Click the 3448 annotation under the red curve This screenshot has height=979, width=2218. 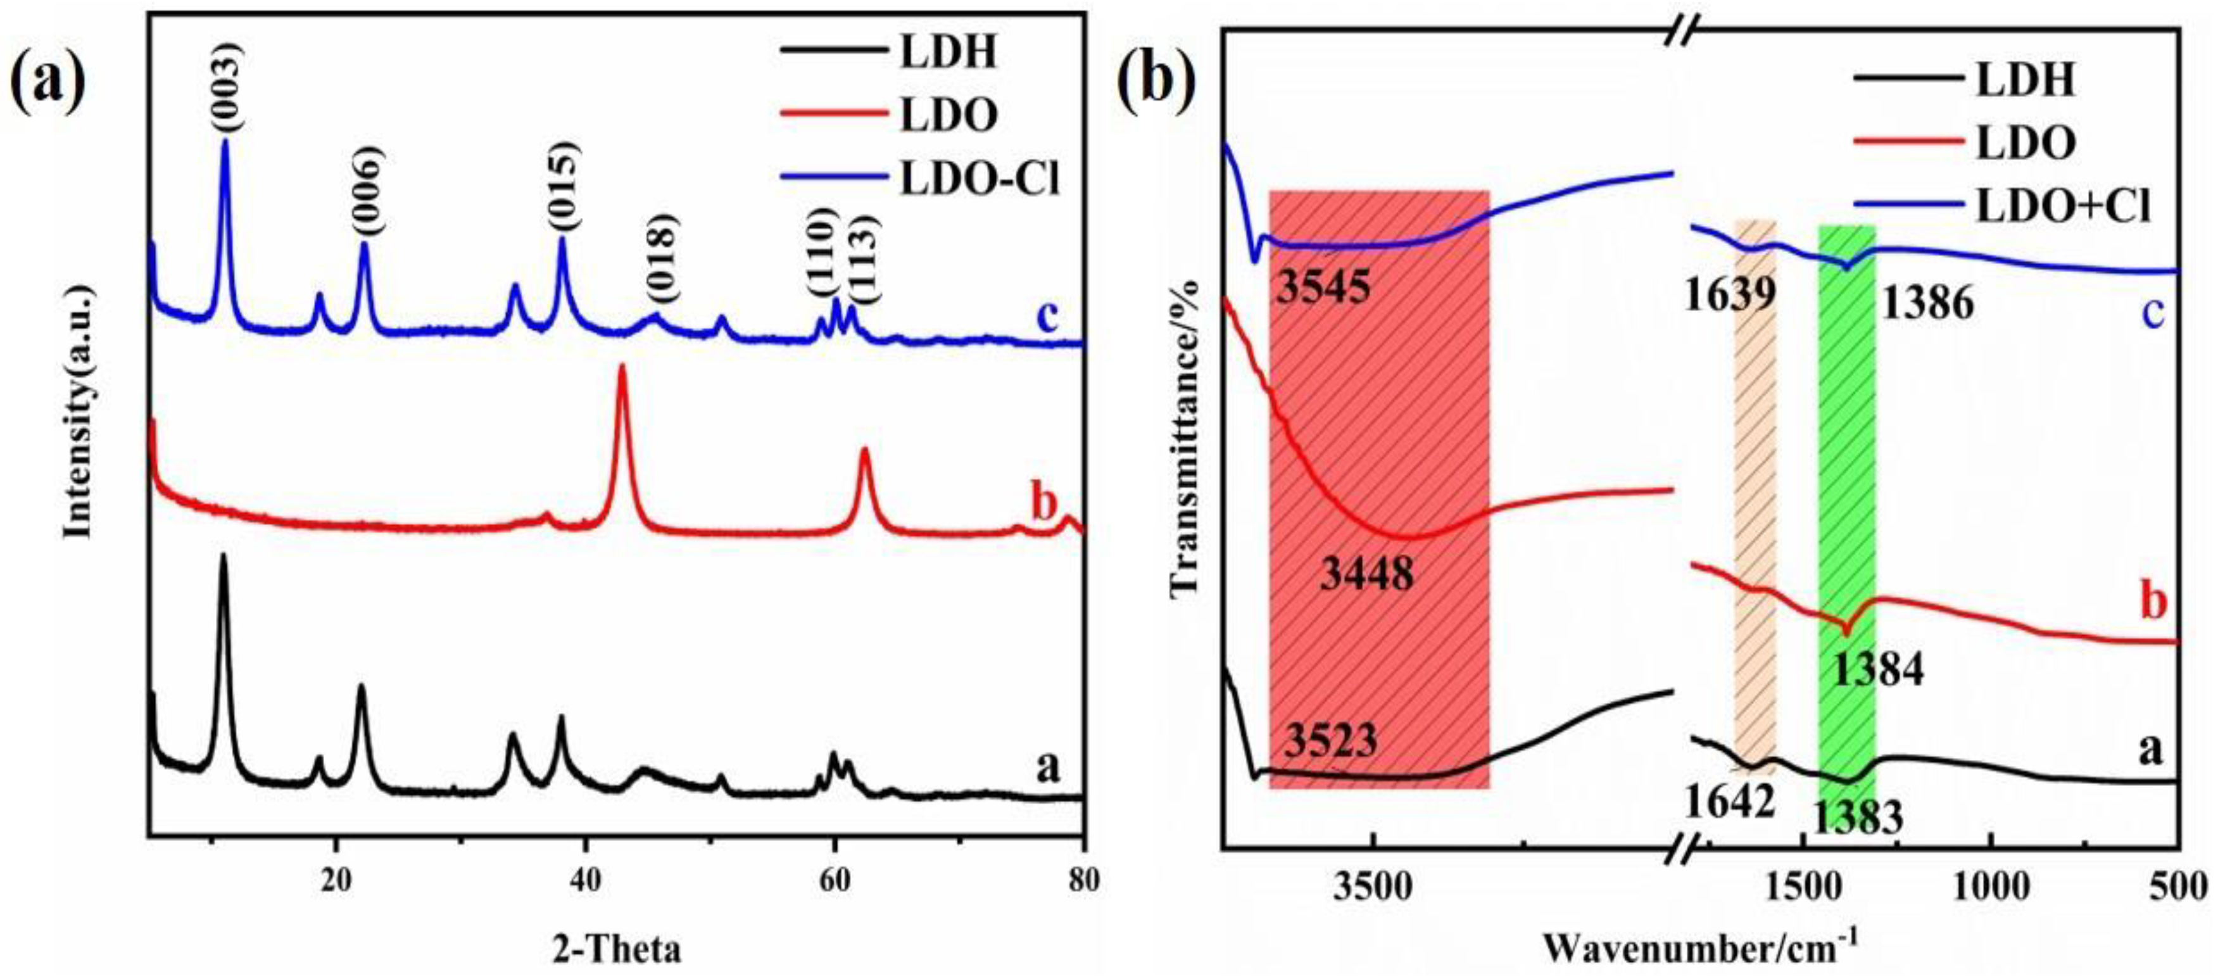pos(1366,572)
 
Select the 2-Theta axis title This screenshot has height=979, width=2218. pos(617,949)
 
